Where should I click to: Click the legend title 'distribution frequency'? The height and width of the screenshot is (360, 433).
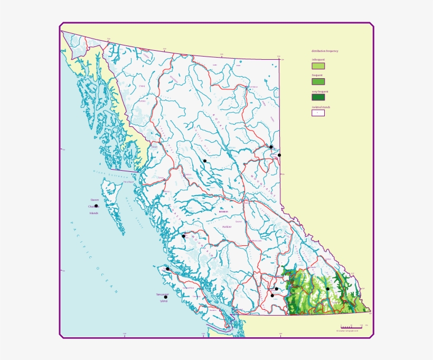[x=325, y=51]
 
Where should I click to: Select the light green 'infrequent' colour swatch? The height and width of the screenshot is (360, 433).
[x=318, y=66]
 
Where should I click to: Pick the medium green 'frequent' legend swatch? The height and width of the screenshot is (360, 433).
[x=318, y=81]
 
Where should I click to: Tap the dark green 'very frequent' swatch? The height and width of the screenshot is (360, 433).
[x=318, y=97]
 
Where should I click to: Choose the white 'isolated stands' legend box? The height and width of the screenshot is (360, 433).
[x=318, y=112]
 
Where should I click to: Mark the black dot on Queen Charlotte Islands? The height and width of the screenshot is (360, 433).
[x=96, y=206]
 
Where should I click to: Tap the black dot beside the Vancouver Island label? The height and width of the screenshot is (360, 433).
[x=165, y=297]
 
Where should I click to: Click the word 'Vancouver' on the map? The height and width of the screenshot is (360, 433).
[x=162, y=294]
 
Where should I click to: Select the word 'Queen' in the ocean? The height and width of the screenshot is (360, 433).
[x=95, y=200]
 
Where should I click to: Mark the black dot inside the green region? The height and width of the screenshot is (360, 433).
[x=327, y=289]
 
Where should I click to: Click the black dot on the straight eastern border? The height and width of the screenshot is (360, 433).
[x=279, y=155]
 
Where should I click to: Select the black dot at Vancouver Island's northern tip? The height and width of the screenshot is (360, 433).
[x=167, y=269]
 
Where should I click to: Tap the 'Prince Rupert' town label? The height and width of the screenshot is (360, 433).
[x=128, y=182]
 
